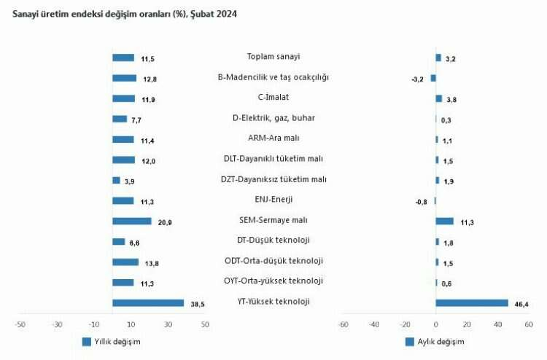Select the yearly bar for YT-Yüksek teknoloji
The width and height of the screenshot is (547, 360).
tap(148, 302)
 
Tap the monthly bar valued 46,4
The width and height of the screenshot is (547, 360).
tap(471, 302)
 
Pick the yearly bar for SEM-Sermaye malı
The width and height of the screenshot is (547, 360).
tap(132, 221)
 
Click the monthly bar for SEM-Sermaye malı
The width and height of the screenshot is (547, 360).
tap(444, 221)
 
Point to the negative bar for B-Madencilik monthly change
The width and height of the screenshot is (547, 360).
tap(433, 78)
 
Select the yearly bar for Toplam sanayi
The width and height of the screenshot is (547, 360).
tap(123, 58)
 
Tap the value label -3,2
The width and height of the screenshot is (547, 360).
tap(417, 79)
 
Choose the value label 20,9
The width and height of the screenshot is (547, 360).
tap(165, 222)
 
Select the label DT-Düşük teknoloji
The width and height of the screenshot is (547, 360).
tap(274, 240)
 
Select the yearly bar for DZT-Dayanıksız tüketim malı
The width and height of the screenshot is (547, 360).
tap(116, 180)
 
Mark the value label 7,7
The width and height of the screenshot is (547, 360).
tap(136, 120)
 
